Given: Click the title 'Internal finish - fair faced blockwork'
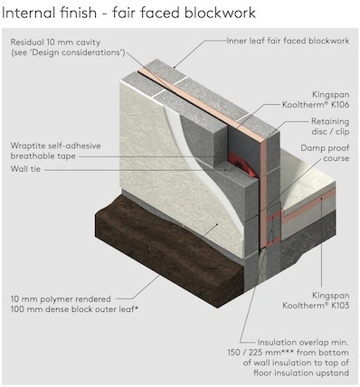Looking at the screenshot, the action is click(x=128, y=14).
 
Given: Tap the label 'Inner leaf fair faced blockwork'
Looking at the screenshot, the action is click(x=288, y=41).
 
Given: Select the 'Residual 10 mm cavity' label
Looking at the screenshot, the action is click(x=55, y=42).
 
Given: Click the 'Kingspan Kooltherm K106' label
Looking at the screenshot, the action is click(x=316, y=99).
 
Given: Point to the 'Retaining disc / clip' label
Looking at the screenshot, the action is click(x=330, y=127).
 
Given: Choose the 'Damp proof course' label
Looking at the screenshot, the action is click(x=325, y=153).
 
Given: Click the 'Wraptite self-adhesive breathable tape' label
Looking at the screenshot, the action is click(x=56, y=151).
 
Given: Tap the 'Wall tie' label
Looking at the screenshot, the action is click(x=25, y=169).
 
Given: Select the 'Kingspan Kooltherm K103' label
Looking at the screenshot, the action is click(x=316, y=300).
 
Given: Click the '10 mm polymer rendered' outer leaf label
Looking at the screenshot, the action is click(x=61, y=299).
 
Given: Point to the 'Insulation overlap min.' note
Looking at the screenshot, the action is click(x=303, y=343).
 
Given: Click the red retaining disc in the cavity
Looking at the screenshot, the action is click(x=242, y=165).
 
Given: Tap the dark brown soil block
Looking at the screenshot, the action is click(x=169, y=251).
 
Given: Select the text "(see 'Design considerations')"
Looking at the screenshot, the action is click(x=68, y=52).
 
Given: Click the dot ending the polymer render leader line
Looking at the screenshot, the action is click(x=217, y=224).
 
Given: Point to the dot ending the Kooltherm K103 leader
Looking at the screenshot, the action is click(x=322, y=198).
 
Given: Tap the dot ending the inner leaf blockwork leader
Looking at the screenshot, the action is click(x=175, y=67).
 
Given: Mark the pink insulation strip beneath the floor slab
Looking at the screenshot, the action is click(x=308, y=205).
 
